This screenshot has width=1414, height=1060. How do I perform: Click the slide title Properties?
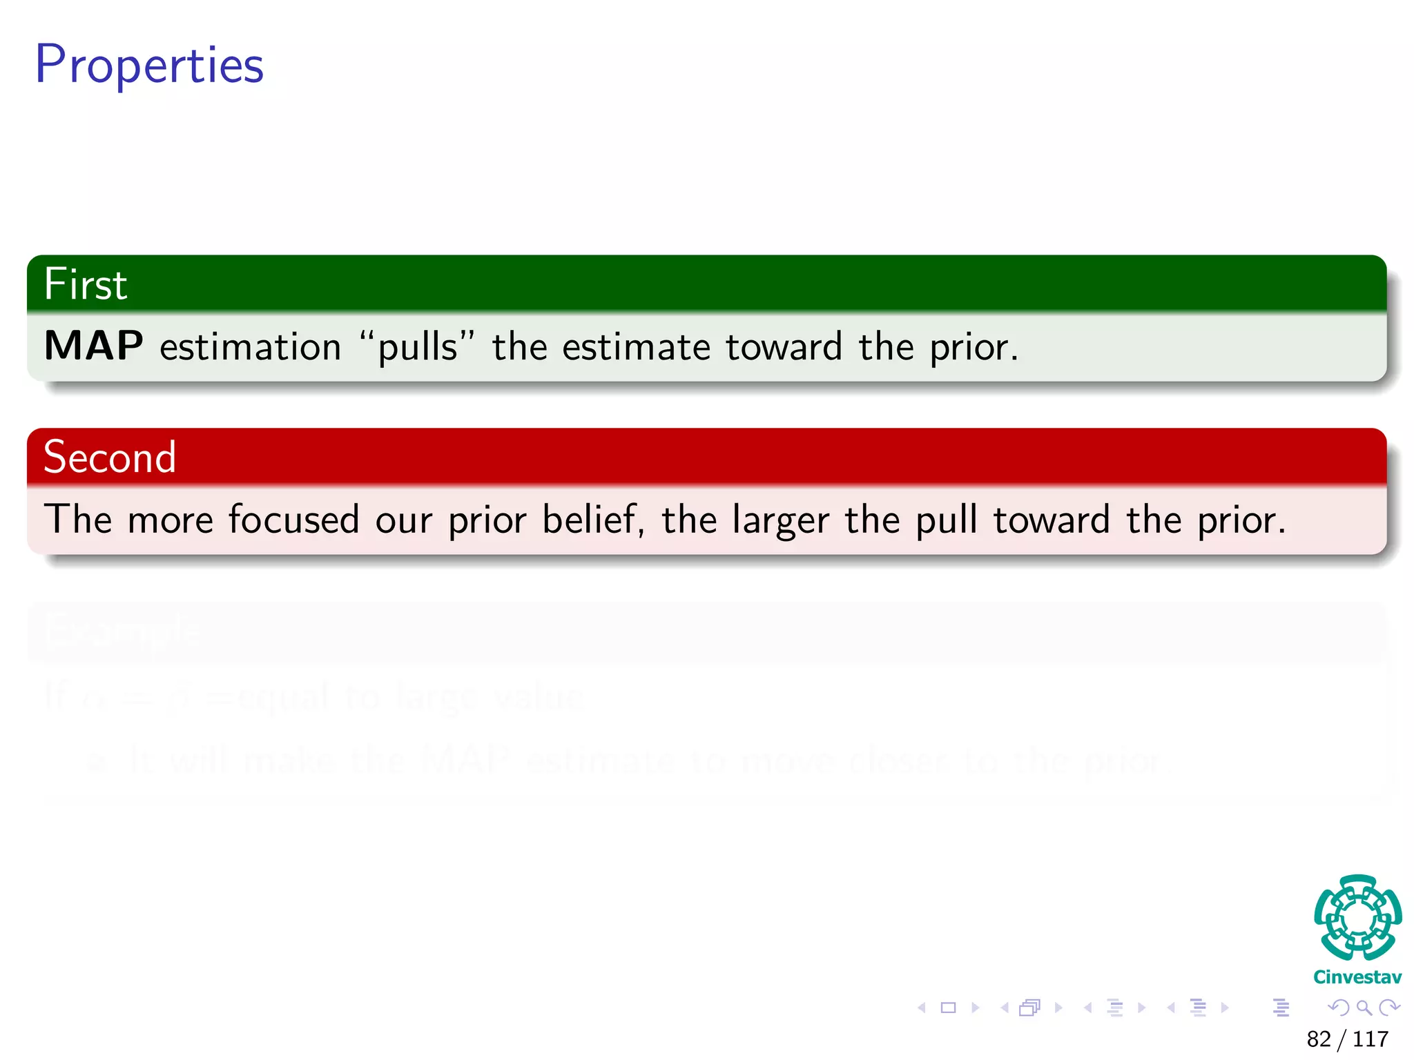(x=149, y=64)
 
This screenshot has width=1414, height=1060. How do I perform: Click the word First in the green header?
(x=86, y=284)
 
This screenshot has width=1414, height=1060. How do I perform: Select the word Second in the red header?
(x=110, y=457)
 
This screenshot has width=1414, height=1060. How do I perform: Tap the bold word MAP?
(x=94, y=346)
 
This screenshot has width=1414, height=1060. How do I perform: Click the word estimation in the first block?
(x=251, y=347)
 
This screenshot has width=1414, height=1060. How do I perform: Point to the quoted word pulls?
(x=417, y=347)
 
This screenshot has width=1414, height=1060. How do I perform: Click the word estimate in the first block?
(x=636, y=347)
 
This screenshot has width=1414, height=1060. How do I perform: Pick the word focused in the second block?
(x=293, y=520)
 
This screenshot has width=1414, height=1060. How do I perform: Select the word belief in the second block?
(x=591, y=520)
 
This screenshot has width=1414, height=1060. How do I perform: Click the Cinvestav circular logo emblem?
(x=1357, y=918)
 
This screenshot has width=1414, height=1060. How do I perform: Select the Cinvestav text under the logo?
(x=1357, y=977)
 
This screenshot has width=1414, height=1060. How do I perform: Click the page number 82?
(x=1319, y=1039)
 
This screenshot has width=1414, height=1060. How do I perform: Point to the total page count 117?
(x=1371, y=1039)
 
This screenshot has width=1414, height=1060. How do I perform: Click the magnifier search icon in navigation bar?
(x=1364, y=1008)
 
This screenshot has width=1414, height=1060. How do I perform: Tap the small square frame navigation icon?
(x=948, y=1008)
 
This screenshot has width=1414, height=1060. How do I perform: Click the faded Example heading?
(x=122, y=629)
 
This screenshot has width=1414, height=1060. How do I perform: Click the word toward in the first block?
(x=784, y=347)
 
